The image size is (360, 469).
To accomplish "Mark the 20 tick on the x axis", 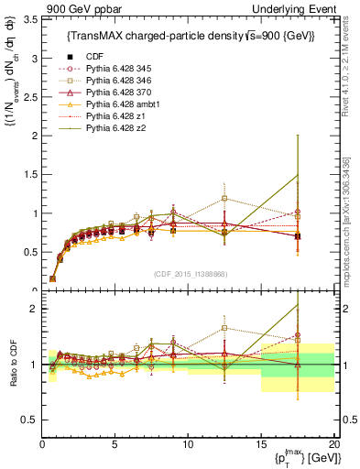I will (x=333, y=446).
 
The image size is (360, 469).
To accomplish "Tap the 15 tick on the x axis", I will (x=261, y=446).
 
